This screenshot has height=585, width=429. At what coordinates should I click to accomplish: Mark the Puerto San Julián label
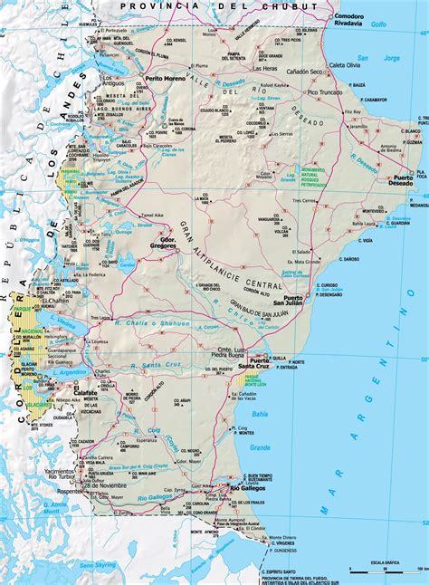pos(305,302)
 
